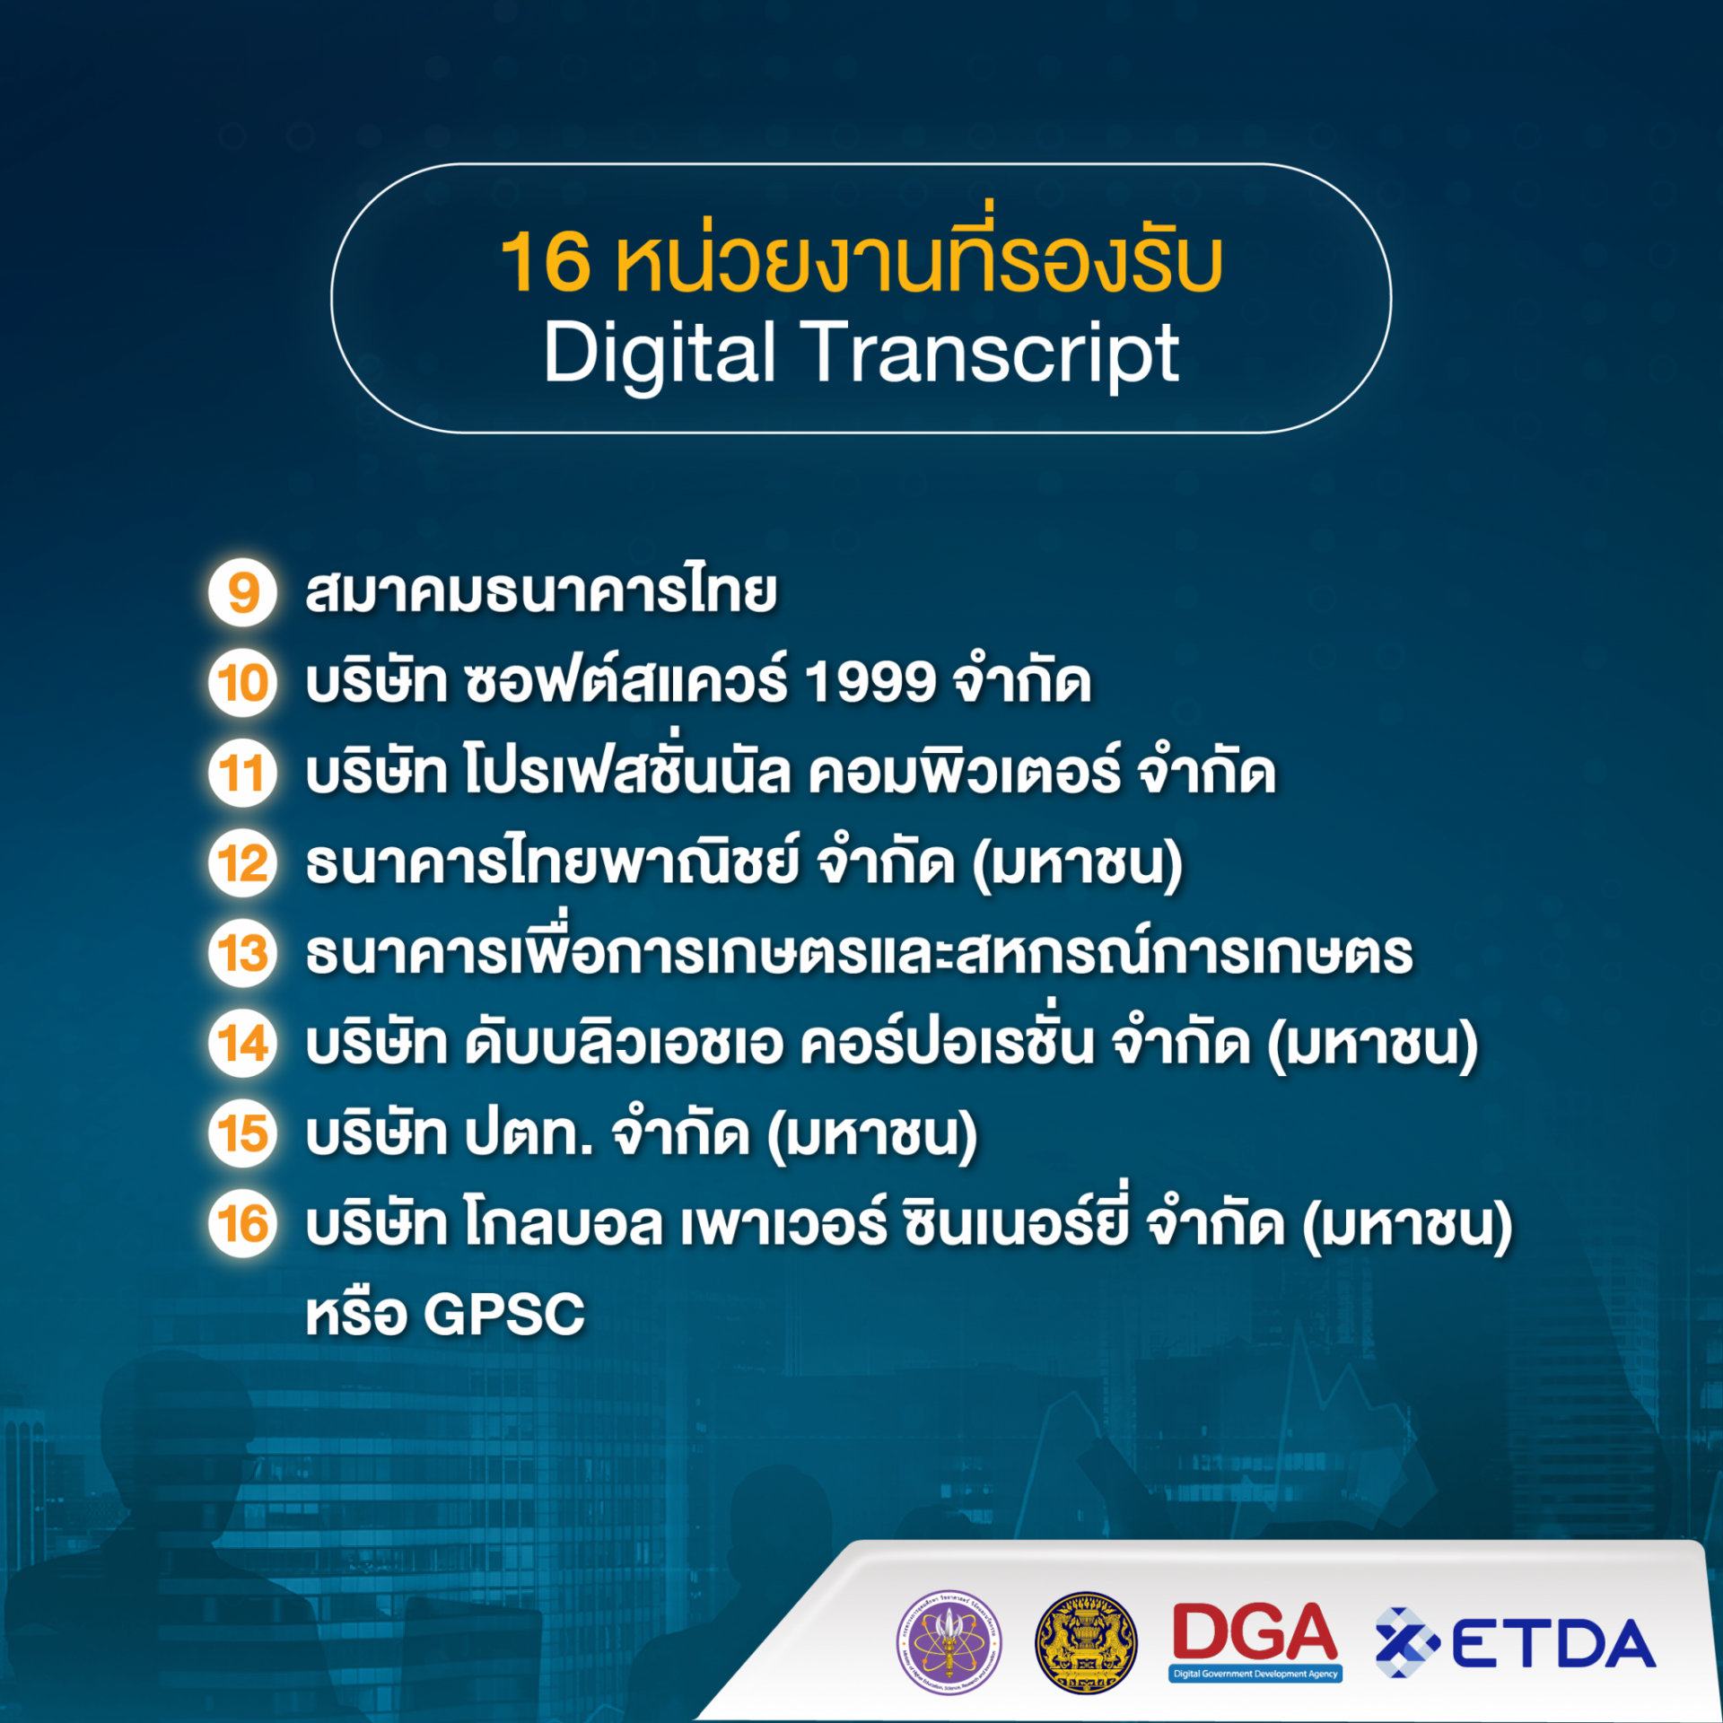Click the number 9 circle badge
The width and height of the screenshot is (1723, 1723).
[242, 593]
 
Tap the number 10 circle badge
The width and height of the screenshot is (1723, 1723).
[242, 683]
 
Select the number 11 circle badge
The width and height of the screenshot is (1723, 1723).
[242, 774]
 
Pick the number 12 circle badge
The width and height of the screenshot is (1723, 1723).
[242, 863]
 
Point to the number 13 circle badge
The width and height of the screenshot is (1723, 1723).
[242, 953]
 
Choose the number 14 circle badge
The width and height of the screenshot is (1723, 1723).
[242, 1044]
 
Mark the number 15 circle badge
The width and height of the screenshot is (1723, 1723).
[242, 1133]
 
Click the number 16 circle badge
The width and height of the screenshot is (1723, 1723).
[242, 1224]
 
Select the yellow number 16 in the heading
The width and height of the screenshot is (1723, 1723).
[545, 262]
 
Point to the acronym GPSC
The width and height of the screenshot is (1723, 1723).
[503, 1316]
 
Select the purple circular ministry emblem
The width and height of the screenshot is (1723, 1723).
[949, 1644]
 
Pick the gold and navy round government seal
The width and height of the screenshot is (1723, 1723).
[1086, 1644]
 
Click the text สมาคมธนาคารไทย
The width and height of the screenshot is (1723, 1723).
[541, 593]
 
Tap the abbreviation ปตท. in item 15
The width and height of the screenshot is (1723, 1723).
[529, 1134]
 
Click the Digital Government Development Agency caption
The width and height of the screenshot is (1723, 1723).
[1255, 1674]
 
